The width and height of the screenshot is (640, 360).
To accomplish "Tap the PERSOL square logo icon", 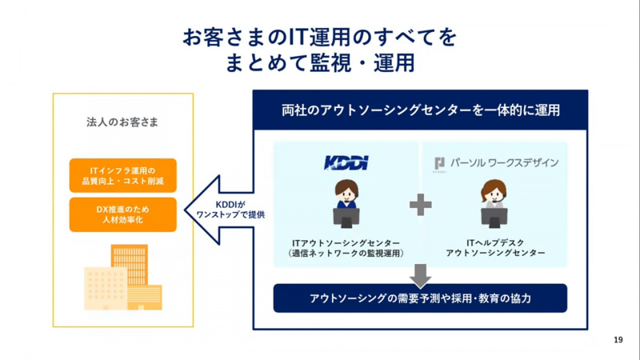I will [439, 163].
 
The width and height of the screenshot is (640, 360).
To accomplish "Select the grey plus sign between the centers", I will [420, 205].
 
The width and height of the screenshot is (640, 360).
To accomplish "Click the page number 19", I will [618, 340].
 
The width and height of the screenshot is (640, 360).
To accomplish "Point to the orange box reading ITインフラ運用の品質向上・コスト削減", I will [122, 175].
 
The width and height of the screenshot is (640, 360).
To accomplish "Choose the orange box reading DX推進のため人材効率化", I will [122, 214].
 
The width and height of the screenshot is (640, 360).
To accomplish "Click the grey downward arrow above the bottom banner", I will [420, 273].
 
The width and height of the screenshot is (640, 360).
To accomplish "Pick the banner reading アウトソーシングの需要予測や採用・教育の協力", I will [420, 298].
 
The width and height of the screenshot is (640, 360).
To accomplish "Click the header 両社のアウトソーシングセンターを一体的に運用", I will [420, 110].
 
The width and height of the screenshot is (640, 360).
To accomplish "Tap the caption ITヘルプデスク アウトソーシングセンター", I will [494, 246].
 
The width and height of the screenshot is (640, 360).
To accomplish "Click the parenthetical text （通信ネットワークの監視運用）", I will [346, 253].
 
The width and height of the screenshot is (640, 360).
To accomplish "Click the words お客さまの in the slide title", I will [223, 36].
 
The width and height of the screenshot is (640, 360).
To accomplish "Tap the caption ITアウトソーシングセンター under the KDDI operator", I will [346, 241].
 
